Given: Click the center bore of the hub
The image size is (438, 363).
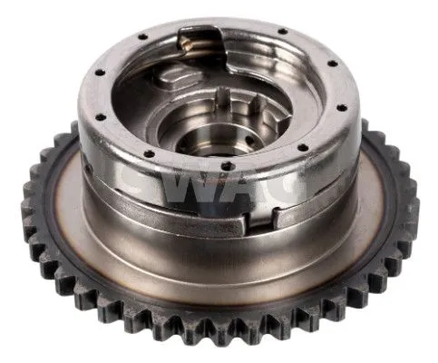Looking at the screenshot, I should point(200,139).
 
